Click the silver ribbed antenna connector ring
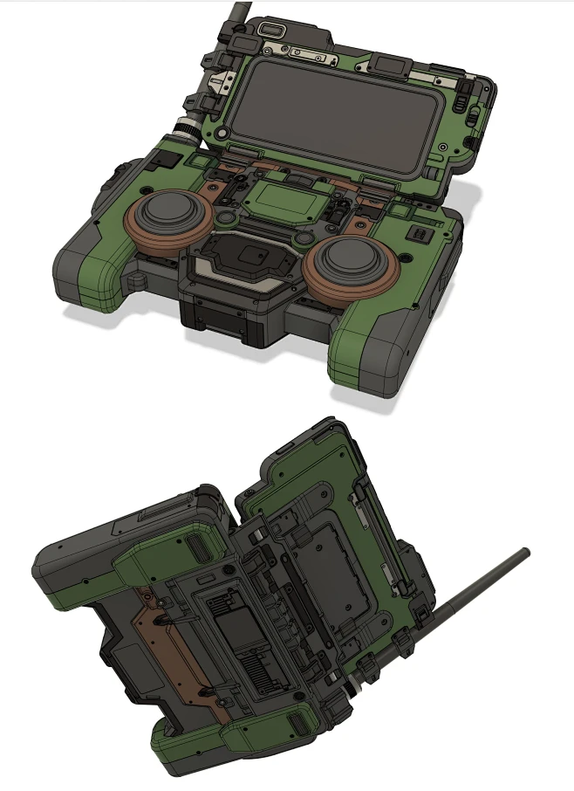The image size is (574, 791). coord(186,132)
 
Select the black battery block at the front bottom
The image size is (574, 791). coord(222,323)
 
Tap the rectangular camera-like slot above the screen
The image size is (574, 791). coord(273,30)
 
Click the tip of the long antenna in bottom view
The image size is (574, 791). coord(524,553)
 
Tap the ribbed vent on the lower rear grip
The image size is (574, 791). coord(297,725)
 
